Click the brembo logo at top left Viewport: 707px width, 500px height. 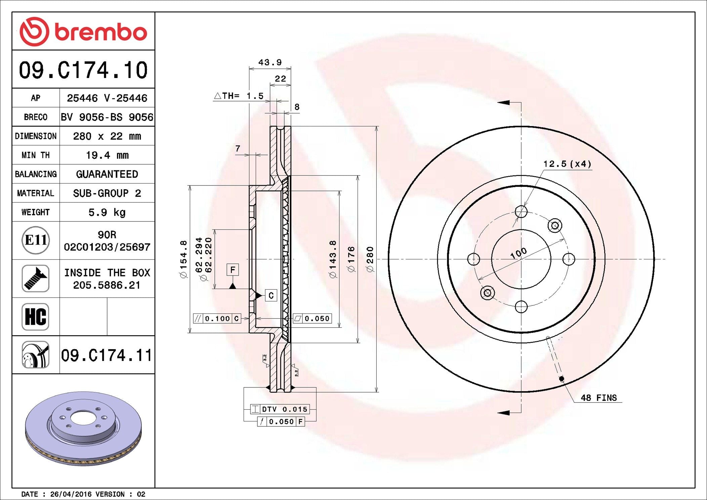click(x=83, y=31)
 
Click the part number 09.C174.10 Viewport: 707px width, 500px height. click(x=83, y=70)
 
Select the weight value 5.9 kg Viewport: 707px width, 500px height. click(x=107, y=212)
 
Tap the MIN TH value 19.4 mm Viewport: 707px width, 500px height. click(x=107, y=155)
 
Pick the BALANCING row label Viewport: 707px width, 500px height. click(x=36, y=174)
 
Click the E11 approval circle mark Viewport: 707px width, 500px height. click(x=36, y=240)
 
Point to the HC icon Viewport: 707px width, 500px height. click(x=36, y=317)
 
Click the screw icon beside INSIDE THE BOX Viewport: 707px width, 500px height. click(x=36, y=279)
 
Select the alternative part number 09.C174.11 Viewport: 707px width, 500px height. click(x=107, y=355)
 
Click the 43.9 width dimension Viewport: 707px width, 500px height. click(x=270, y=62)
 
